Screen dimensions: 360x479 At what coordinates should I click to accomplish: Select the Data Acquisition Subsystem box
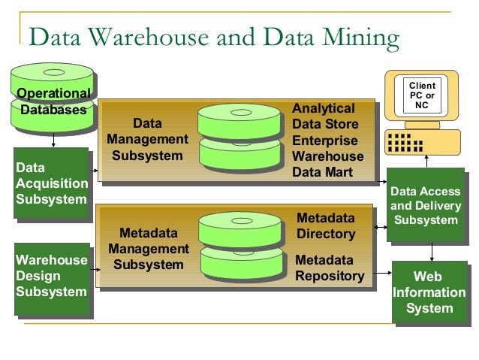(51, 183)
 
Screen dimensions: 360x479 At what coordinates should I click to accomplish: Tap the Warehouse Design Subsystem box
(51, 276)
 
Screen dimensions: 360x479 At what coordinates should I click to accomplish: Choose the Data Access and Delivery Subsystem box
(426, 206)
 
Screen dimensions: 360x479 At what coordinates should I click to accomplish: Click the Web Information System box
(429, 292)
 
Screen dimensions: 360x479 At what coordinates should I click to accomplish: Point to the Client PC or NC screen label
(421, 95)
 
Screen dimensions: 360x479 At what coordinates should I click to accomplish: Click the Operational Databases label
(53, 101)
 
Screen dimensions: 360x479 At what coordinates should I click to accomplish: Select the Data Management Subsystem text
(147, 139)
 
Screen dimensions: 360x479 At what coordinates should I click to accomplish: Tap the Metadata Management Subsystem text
(148, 249)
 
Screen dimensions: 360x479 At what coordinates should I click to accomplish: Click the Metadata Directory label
(325, 226)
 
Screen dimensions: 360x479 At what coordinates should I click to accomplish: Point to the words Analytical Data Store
(324, 116)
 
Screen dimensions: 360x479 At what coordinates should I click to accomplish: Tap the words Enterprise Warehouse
(327, 149)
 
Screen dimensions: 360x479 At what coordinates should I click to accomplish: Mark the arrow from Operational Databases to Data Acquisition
(53, 140)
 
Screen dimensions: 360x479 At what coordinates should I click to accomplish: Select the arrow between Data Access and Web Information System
(431, 251)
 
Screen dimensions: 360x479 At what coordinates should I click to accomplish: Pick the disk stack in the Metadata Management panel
(240, 246)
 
